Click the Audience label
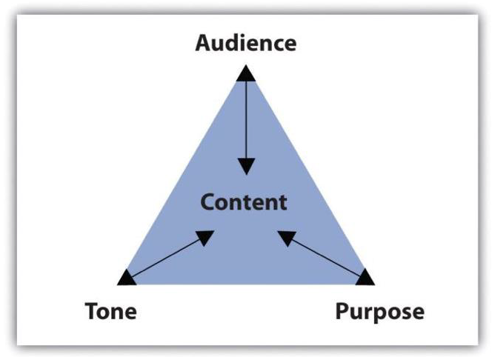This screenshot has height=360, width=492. (245, 42)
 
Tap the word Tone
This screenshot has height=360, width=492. (110, 311)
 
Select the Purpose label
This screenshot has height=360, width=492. (379, 311)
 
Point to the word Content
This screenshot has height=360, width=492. (243, 201)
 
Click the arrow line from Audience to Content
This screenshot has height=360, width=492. (245, 119)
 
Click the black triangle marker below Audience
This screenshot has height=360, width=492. (245, 73)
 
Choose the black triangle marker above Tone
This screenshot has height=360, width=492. (127, 278)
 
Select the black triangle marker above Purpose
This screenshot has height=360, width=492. (365, 278)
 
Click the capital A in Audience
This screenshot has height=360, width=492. (202, 42)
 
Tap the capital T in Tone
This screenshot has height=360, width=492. (90, 311)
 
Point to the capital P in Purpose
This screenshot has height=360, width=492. (342, 311)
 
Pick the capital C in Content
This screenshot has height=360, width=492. (207, 201)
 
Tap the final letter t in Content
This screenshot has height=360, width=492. (282, 201)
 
